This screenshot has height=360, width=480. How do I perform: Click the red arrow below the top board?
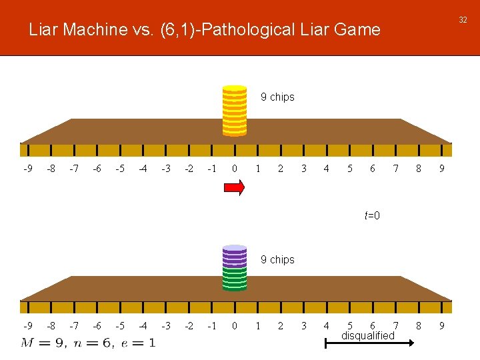234,188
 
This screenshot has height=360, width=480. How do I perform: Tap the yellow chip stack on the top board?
234,110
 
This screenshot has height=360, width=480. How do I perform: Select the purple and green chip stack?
234,268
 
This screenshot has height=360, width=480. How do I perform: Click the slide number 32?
463,20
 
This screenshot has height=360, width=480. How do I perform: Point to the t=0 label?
372,215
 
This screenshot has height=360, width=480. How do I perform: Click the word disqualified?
368,335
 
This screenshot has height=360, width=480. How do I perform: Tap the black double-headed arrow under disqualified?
369,344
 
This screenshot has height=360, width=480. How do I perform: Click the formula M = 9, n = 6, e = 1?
88,343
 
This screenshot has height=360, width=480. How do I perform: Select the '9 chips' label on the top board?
277,97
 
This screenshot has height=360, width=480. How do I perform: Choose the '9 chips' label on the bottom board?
277,259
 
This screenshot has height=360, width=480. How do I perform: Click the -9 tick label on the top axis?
27,169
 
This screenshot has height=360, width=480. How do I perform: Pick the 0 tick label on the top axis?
234,169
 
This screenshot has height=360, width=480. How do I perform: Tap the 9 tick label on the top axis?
441,169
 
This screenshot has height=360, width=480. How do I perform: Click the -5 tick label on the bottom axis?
119,326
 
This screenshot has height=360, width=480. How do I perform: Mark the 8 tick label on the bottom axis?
419,326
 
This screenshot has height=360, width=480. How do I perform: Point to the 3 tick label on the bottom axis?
303,326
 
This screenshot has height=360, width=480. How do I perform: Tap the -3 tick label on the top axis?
165,169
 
